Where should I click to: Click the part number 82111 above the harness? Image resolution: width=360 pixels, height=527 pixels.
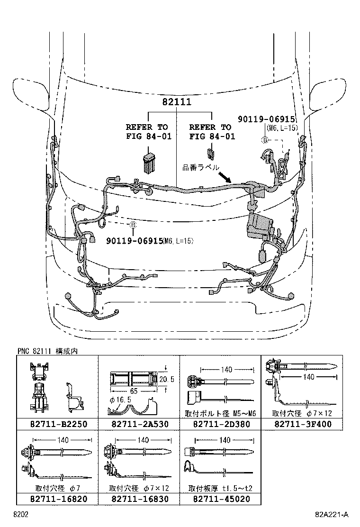point(178,102)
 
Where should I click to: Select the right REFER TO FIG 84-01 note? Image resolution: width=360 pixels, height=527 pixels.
point(212,132)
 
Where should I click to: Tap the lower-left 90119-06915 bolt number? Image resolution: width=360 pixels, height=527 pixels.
point(135,241)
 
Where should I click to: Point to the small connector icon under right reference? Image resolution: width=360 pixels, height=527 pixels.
point(210,154)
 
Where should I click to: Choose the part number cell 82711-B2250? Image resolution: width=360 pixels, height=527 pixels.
point(57,424)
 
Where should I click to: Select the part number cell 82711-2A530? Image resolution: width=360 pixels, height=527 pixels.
point(139,424)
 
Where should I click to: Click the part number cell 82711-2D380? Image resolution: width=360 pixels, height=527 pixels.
point(220,424)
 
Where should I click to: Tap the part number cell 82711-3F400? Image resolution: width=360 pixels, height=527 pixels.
point(302,424)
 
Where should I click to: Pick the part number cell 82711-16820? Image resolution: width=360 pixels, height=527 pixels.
point(57,499)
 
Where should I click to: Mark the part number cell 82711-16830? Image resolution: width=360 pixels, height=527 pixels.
point(139,499)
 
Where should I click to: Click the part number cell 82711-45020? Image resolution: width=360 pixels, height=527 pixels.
point(220,499)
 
